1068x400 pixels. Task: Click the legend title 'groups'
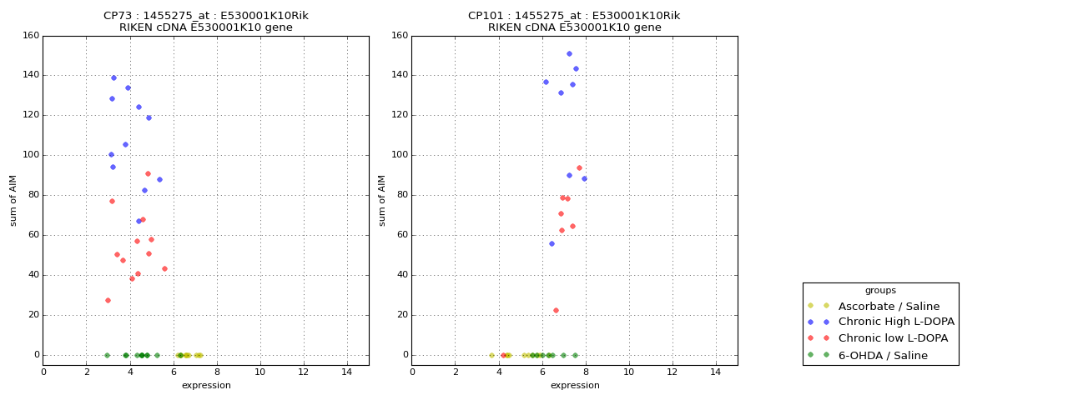coord(880,290)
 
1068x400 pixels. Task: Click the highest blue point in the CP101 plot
coord(569,53)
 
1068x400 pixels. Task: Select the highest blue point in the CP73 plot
coord(113,77)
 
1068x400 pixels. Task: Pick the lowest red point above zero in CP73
coord(108,300)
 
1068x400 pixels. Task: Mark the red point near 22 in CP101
coord(556,310)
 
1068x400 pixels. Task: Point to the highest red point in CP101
coord(579,167)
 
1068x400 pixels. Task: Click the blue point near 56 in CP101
coord(552,243)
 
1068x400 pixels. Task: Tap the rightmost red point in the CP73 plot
coord(164,268)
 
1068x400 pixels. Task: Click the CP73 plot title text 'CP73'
coord(117,16)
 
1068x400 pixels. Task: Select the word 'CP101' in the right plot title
coord(485,16)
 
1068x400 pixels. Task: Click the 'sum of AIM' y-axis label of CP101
coord(382,200)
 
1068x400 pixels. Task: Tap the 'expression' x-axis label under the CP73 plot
coord(206,385)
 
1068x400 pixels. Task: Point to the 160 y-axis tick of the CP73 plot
coord(30,36)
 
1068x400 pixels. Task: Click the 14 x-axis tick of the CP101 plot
coord(715,372)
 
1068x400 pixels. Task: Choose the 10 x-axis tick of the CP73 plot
coord(260,372)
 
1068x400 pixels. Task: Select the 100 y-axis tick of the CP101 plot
coord(399,155)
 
